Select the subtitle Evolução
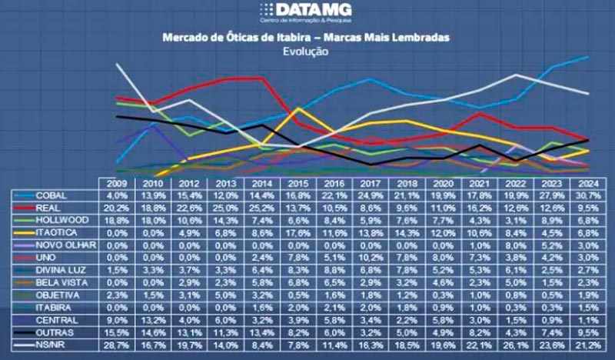coord(306,52)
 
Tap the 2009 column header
coord(118,184)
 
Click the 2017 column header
coord(371,184)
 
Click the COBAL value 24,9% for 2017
coord(371,196)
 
